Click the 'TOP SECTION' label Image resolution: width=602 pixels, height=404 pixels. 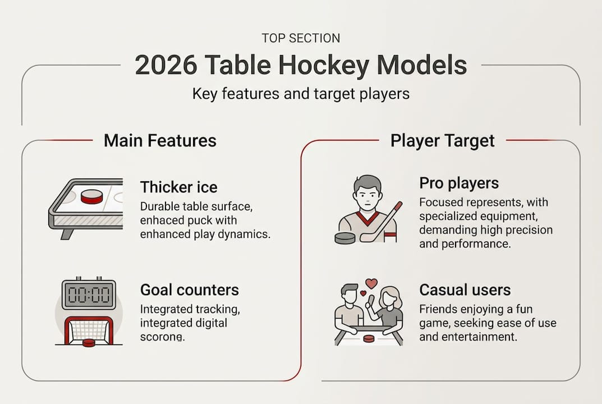[x=301, y=39]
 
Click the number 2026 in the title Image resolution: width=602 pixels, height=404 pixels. [x=165, y=66]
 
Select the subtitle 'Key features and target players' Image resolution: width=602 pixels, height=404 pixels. [x=301, y=94]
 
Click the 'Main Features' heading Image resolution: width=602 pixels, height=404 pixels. [x=160, y=140]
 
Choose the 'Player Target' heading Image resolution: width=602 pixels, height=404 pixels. [x=443, y=140]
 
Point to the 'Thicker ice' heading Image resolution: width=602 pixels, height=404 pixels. [x=178, y=187]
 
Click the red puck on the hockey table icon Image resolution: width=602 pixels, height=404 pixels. [x=91, y=197]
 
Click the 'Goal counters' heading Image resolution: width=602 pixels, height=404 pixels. [x=189, y=290]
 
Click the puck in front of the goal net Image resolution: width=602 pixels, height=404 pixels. [x=88, y=342]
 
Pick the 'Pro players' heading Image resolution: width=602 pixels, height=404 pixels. [x=459, y=183]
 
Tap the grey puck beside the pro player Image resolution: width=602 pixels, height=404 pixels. [x=344, y=238]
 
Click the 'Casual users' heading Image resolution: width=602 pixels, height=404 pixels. [x=465, y=290]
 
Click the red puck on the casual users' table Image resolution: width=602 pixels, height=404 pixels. [x=368, y=338]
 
